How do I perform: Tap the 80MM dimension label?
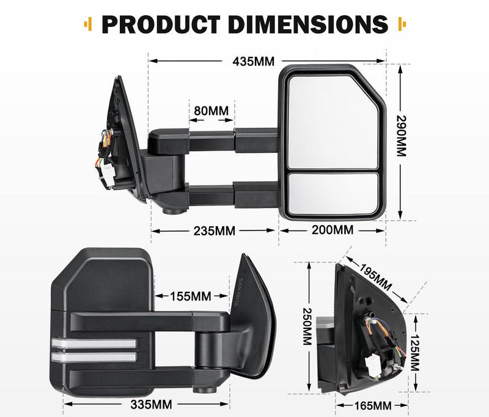click(210, 111)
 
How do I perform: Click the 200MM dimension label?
click(333, 231)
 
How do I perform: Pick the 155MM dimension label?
click(190, 296)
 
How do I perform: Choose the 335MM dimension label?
click(151, 404)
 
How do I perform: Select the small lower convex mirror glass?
click(332, 193)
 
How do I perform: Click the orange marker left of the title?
click(89, 24)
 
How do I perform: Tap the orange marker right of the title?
click(402, 24)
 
